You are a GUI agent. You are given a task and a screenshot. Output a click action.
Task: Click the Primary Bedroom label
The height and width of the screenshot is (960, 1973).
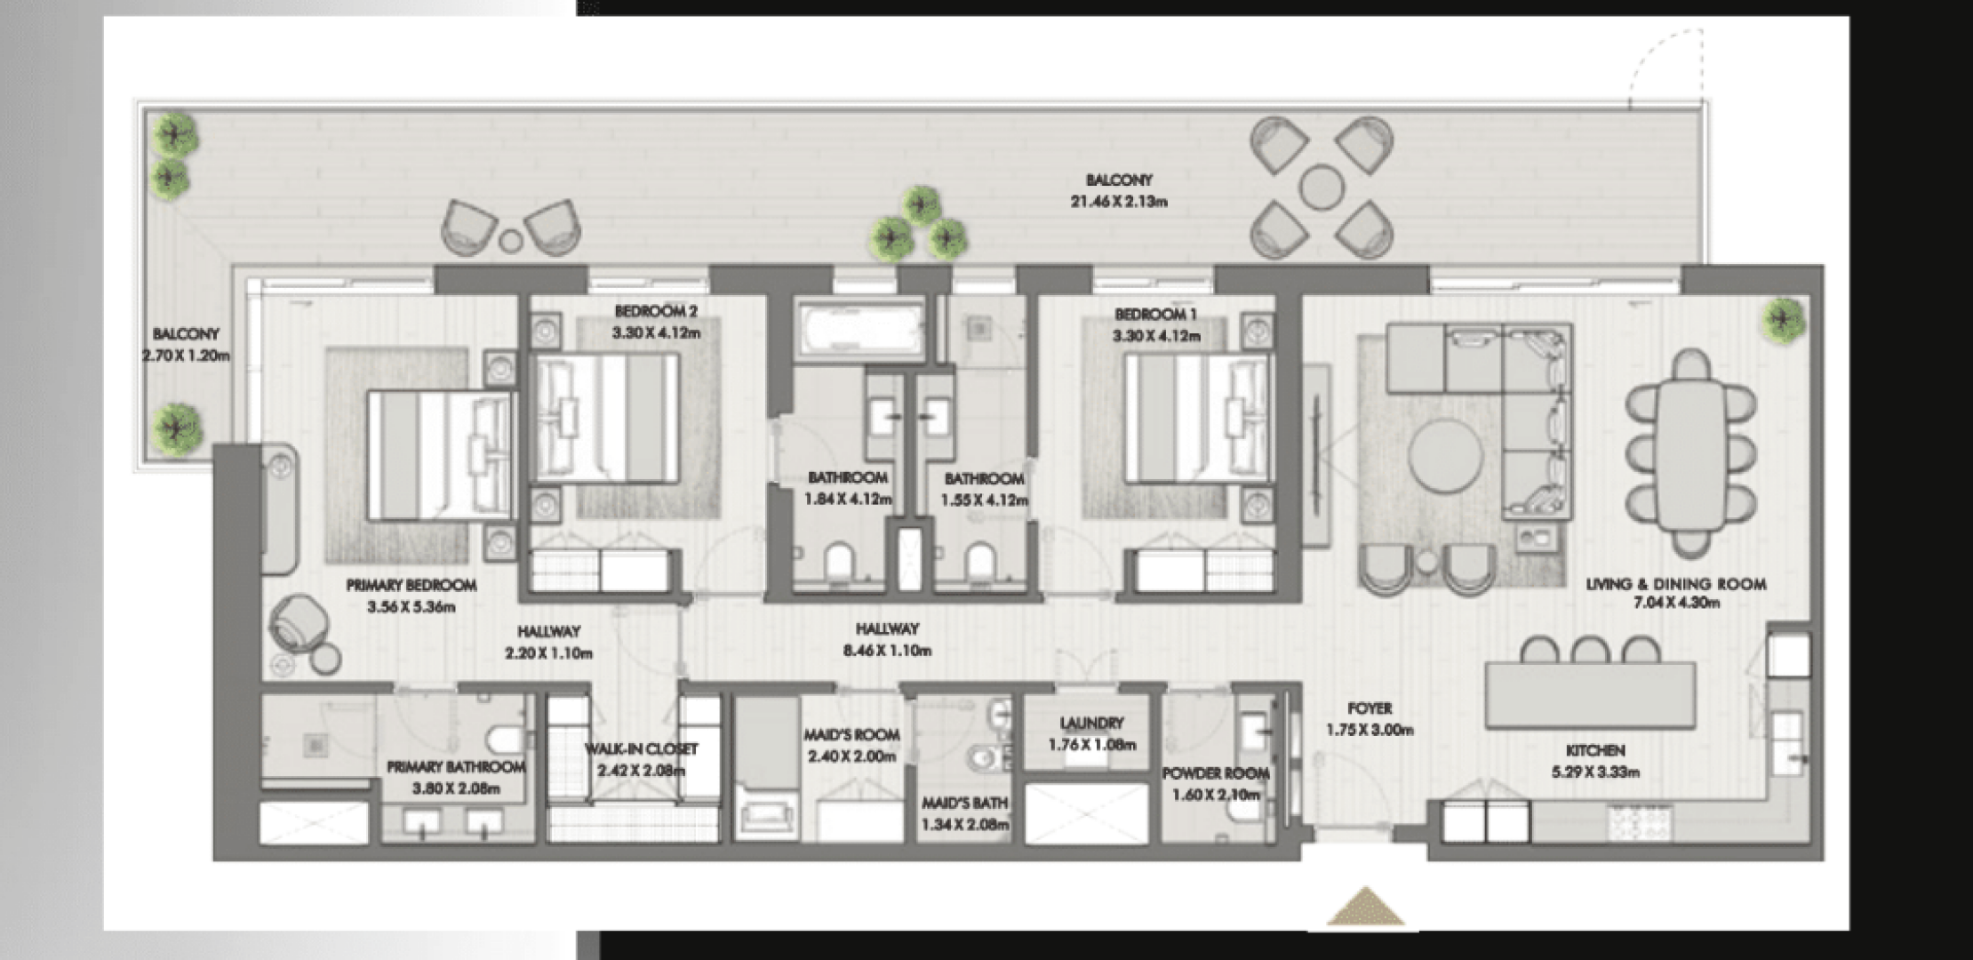click(411, 586)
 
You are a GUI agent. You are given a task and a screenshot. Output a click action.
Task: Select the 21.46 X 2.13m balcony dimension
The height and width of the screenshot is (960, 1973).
click(1119, 202)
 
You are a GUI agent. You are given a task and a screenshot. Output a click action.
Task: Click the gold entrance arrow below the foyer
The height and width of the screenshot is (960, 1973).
click(1366, 907)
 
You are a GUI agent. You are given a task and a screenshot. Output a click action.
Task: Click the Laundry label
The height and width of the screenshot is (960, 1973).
click(1091, 724)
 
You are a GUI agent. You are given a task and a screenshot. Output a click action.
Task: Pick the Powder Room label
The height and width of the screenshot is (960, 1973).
click(1216, 774)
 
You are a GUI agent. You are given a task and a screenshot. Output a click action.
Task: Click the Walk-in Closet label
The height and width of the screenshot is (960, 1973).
click(642, 749)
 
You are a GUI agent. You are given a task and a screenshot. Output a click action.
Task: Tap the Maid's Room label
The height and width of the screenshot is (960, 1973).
click(851, 735)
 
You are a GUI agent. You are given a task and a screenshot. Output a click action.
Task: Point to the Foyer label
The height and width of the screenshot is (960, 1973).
click(1370, 709)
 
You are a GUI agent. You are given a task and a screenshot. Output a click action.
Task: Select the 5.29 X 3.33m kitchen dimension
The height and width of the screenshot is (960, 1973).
click(1595, 772)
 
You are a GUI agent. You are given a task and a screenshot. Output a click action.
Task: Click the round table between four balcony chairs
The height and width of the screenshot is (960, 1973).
click(1321, 188)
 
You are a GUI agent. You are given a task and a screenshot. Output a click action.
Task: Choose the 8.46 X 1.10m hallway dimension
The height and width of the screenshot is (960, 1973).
click(887, 651)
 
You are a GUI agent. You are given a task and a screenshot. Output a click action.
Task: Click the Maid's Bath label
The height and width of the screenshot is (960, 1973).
click(964, 804)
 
